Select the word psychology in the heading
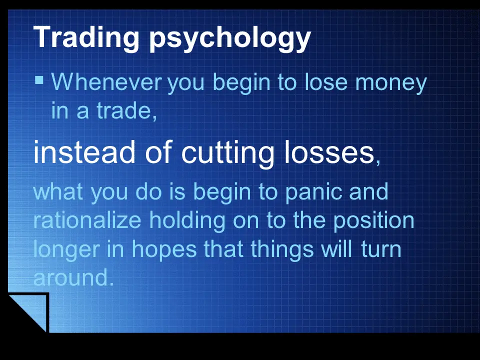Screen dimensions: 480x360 (230, 39)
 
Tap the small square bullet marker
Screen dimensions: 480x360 (39, 80)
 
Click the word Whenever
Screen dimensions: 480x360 (106, 81)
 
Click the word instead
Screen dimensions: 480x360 (84, 152)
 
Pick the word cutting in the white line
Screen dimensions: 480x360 (228, 154)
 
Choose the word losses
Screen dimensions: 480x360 (329, 152)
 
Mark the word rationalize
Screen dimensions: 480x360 (87, 220)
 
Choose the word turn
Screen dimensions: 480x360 (381, 249)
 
